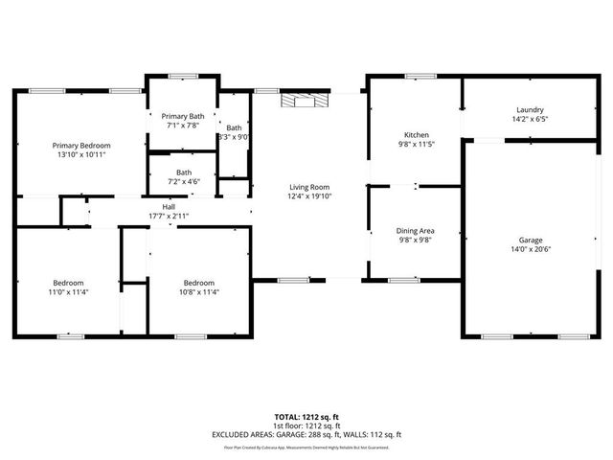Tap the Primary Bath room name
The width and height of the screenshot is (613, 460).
click(x=183, y=115)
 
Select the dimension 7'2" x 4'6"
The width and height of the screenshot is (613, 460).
click(x=183, y=181)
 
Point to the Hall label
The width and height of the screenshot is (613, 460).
click(x=169, y=207)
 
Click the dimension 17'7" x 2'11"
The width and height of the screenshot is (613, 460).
click(x=169, y=216)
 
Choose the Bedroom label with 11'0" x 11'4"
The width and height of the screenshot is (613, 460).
click(x=68, y=283)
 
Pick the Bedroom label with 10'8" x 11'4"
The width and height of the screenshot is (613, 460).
click(x=199, y=283)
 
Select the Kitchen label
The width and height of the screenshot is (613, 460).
click(x=417, y=135)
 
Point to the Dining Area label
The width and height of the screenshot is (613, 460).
click(x=416, y=231)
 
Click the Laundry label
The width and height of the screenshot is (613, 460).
click(x=530, y=110)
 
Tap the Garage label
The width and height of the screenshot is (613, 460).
click(x=531, y=240)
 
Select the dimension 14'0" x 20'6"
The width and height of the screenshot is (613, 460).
click(x=531, y=249)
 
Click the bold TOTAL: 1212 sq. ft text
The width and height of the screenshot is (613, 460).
click(x=306, y=417)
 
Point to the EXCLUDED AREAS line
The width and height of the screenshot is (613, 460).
click(x=306, y=434)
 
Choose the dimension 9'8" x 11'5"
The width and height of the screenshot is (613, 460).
click(x=417, y=145)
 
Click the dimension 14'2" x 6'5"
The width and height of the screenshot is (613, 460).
click(x=530, y=120)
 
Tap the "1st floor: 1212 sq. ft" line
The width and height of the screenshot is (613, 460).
click(x=306, y=425)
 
